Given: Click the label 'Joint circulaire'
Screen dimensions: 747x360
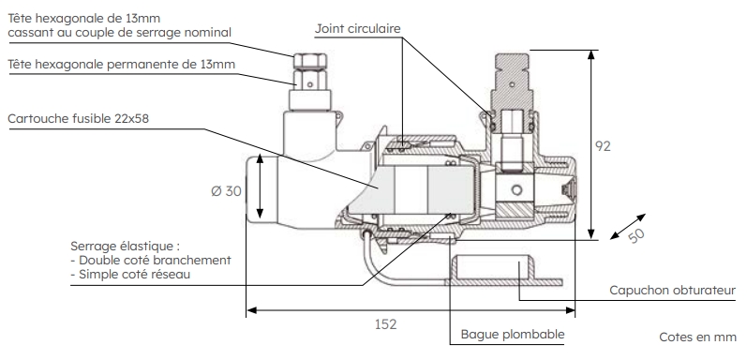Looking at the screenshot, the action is coord(357,29).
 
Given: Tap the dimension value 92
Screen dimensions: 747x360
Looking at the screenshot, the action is coord(603,146).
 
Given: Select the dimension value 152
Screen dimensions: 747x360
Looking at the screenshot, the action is coord(385,324).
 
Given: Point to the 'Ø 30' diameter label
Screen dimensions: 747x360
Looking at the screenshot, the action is coord(226,190).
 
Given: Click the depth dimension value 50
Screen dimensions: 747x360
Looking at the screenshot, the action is coord(636,235).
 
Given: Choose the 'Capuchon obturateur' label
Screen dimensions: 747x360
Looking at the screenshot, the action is coord(672,290).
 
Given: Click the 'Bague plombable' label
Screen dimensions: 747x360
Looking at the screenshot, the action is coord(512,334).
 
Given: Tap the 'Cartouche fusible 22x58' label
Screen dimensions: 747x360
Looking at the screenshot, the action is coord(78,118).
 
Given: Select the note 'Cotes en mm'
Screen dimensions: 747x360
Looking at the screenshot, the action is coord(698,337).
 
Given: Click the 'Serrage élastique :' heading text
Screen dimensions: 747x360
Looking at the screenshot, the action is coord(126,247).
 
